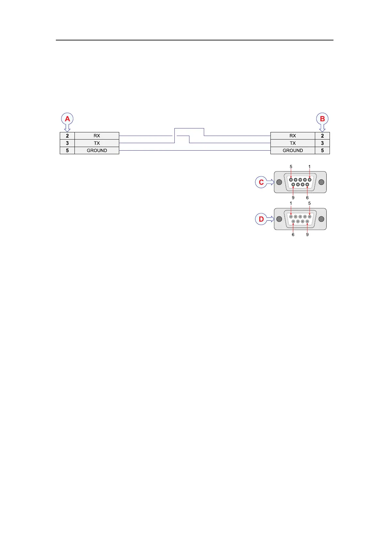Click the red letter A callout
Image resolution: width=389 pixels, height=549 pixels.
pos(67,119)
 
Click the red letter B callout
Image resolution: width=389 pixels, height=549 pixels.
pos(322,119)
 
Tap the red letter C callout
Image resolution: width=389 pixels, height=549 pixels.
pos(261,182)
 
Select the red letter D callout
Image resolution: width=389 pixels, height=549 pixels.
pos(261,219)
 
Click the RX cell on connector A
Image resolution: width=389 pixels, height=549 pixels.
pos(97,136)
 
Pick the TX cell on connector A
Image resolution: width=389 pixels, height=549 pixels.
pos(97,143)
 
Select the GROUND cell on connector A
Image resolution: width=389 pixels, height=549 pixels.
pos(97,150)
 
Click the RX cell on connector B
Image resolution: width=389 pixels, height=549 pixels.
pos(293,136)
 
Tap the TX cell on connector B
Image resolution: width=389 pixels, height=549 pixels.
pos(293,143)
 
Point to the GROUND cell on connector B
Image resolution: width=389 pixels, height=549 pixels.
pos(293,150)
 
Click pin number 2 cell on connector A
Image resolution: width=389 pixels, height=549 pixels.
pos(67,136)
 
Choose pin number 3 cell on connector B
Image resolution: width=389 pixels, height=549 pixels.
pos(322,143)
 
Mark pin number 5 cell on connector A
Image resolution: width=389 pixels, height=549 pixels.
pos(67,150)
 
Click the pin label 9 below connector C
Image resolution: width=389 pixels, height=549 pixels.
pos(293,198)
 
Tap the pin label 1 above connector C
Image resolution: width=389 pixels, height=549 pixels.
pos(310,167)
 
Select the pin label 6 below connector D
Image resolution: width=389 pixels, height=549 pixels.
pos(293,234)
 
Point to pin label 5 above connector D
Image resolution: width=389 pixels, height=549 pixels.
pos(310,203)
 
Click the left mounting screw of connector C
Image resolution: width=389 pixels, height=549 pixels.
pos(279,182)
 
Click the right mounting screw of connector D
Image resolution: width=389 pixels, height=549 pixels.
pos(321,219)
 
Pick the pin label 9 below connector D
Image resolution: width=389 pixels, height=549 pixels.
pos(307,234)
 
